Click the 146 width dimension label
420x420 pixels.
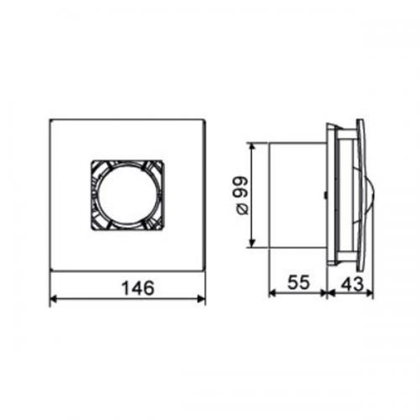138,287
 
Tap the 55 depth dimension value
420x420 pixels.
299,282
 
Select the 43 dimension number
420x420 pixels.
352,283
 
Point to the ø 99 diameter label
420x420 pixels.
242,195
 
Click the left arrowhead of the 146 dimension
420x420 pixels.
53,299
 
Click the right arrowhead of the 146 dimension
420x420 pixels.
202,299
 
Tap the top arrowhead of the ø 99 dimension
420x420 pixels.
253,146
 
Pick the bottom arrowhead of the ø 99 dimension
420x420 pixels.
253,244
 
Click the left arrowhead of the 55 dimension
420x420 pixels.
272,293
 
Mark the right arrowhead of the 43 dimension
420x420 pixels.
370,293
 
